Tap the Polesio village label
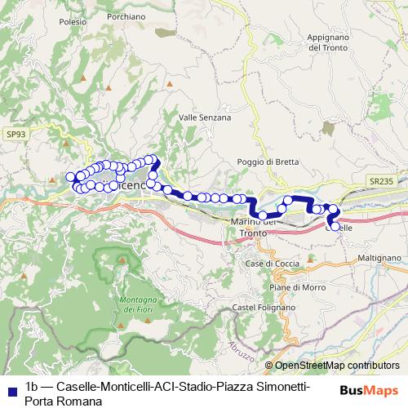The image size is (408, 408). [x=73, y=23]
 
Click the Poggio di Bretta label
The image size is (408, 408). [x=262, y=162]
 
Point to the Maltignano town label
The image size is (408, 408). [x=379, y=258]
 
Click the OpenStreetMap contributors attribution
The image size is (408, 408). [x=336, y=366]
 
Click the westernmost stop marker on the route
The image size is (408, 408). [x=70, y=177]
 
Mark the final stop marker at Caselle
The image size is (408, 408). [x=335, y=224]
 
